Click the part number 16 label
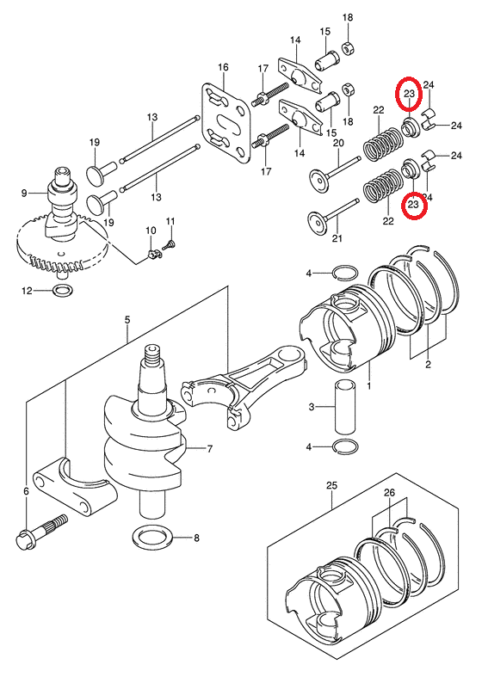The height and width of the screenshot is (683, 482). point(223,67)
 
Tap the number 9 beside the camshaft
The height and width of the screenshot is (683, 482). point(23,193)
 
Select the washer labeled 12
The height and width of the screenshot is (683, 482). point(62,290)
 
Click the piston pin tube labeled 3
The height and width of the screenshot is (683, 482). point(347,406)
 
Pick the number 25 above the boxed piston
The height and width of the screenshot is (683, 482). point(332,486)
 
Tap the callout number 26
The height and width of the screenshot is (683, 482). point(389,493)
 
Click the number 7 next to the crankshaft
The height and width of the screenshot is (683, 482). point(210,448)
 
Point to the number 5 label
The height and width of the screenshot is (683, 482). point(127,320)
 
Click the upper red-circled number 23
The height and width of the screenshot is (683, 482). point(409,93)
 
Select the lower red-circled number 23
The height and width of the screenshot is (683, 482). point(413,204)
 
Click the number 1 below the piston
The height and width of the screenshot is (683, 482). point(368,385)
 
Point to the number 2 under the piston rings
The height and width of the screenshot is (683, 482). point(428,365)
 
